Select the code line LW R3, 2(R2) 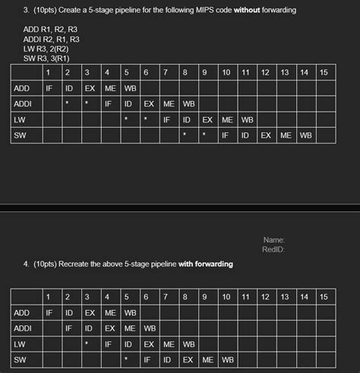coord(45,48)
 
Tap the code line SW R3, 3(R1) coord(46,57)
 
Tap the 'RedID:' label coord(273,249)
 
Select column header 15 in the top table coord(324,72)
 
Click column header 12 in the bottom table coord(265,296)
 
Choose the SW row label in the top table coord(21,135)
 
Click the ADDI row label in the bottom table coord(23,327)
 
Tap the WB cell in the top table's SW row coord(305,135)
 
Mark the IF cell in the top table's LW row coord(166,119)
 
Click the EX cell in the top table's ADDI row coord(149,103)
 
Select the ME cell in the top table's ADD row coord(110,88)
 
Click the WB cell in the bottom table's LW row coord(188,343)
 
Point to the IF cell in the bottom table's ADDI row coord(68,327)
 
